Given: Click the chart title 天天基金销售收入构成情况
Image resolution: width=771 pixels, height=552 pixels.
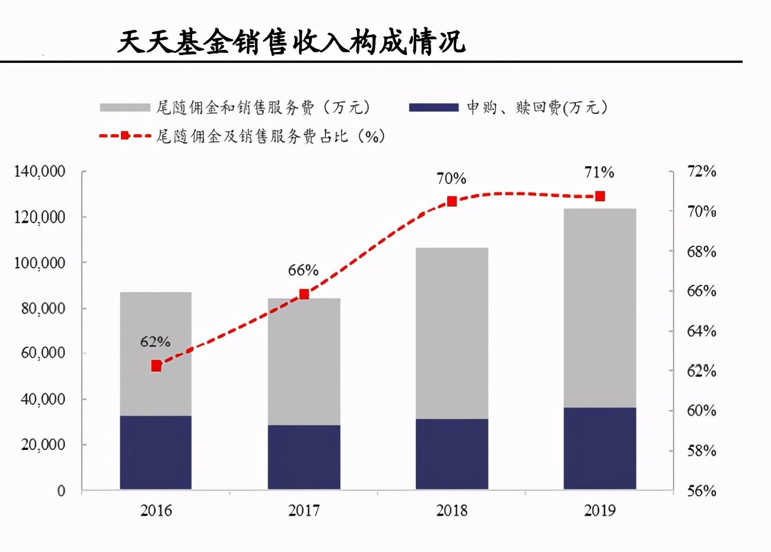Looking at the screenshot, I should [x=291, y=42].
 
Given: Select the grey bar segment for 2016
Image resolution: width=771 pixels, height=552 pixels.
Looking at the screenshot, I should [x=155, y=353].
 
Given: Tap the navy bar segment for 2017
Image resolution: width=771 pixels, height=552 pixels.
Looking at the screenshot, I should [x=304, y=456].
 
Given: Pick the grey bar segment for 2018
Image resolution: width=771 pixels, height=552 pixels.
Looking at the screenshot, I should [x=451, y=332].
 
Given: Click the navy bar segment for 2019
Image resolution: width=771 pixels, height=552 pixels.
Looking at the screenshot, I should [x=600, y=448].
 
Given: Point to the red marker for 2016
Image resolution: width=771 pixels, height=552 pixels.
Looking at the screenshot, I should [x=156, y=366].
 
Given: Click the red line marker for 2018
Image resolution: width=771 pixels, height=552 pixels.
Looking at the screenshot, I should [x=452, y=201].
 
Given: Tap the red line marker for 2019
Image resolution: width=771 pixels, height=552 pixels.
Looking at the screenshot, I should [x=600, y=196].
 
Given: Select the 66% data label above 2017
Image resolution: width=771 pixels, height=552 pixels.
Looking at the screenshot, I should [x=303, y=271].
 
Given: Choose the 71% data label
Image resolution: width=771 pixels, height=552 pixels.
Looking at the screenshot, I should [x=599, y=173].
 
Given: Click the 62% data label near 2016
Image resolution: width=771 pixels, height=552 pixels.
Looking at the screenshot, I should [x=155, y=342].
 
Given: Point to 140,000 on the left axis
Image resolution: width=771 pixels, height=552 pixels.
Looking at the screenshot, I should [x=40, y=172].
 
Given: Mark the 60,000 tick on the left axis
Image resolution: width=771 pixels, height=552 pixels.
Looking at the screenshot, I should [x=43, y=353].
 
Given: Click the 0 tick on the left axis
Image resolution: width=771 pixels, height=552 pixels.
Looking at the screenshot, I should [x=61, y=491].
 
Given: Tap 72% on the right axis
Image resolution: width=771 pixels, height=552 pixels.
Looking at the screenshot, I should [x=702, y=172].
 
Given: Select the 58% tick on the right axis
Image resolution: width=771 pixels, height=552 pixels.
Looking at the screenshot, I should [x=702, y=451].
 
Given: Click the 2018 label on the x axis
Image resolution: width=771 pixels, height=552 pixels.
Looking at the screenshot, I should [x=451, y=510].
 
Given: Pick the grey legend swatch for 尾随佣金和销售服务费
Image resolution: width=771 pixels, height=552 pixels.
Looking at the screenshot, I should [x=125, y=107].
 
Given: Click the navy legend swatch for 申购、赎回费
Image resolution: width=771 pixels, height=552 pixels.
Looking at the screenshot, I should [x=434, y=107].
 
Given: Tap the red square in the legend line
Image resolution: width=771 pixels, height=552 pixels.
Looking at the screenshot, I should [x=125, y=136].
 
